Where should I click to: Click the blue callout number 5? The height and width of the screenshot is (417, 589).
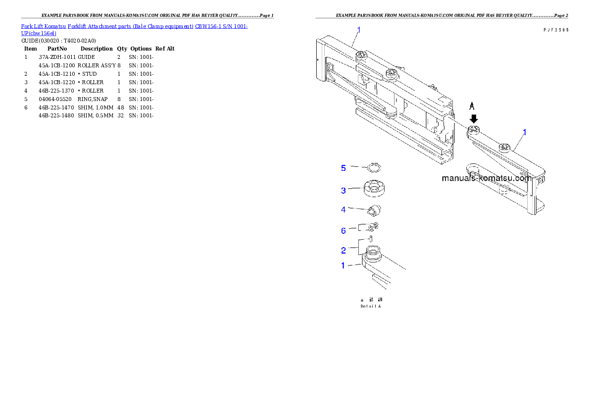click(343, 168)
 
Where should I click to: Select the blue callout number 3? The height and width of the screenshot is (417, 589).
click(343, 190)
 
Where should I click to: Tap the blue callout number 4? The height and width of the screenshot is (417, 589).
click(343, 209)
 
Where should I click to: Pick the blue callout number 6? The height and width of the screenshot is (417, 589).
click(343, 230)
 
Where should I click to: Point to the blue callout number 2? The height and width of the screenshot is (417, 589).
click(343, 250)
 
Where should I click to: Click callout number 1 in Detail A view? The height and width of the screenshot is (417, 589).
click(343, 265)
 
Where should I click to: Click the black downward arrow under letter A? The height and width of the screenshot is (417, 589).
click(474, 119)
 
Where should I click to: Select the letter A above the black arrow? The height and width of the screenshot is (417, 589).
click(472, 106)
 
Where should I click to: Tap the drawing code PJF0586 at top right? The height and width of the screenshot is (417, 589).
click(555, 30)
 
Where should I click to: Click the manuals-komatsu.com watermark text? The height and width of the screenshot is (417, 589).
click(486, 178)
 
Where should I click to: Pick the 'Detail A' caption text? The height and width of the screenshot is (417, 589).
click(371, 307)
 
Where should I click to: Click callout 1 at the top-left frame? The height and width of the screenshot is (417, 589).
click(359, 30)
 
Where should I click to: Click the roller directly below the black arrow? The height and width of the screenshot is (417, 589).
click(474, 130)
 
